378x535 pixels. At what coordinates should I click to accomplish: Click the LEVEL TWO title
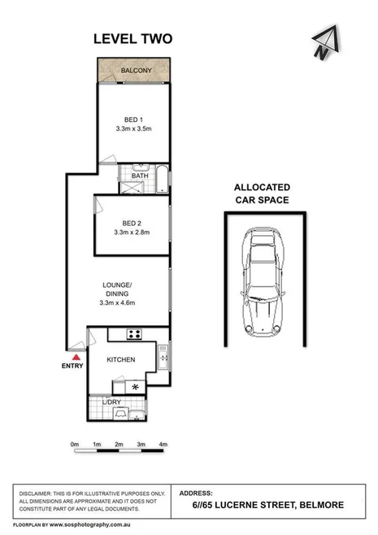pos(133,38)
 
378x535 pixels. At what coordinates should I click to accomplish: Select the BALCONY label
pos(136,72)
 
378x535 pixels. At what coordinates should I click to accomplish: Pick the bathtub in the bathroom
pos(161,179)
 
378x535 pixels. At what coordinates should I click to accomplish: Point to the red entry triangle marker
pos(76,356)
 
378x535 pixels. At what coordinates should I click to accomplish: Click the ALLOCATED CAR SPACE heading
pos(262,193)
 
